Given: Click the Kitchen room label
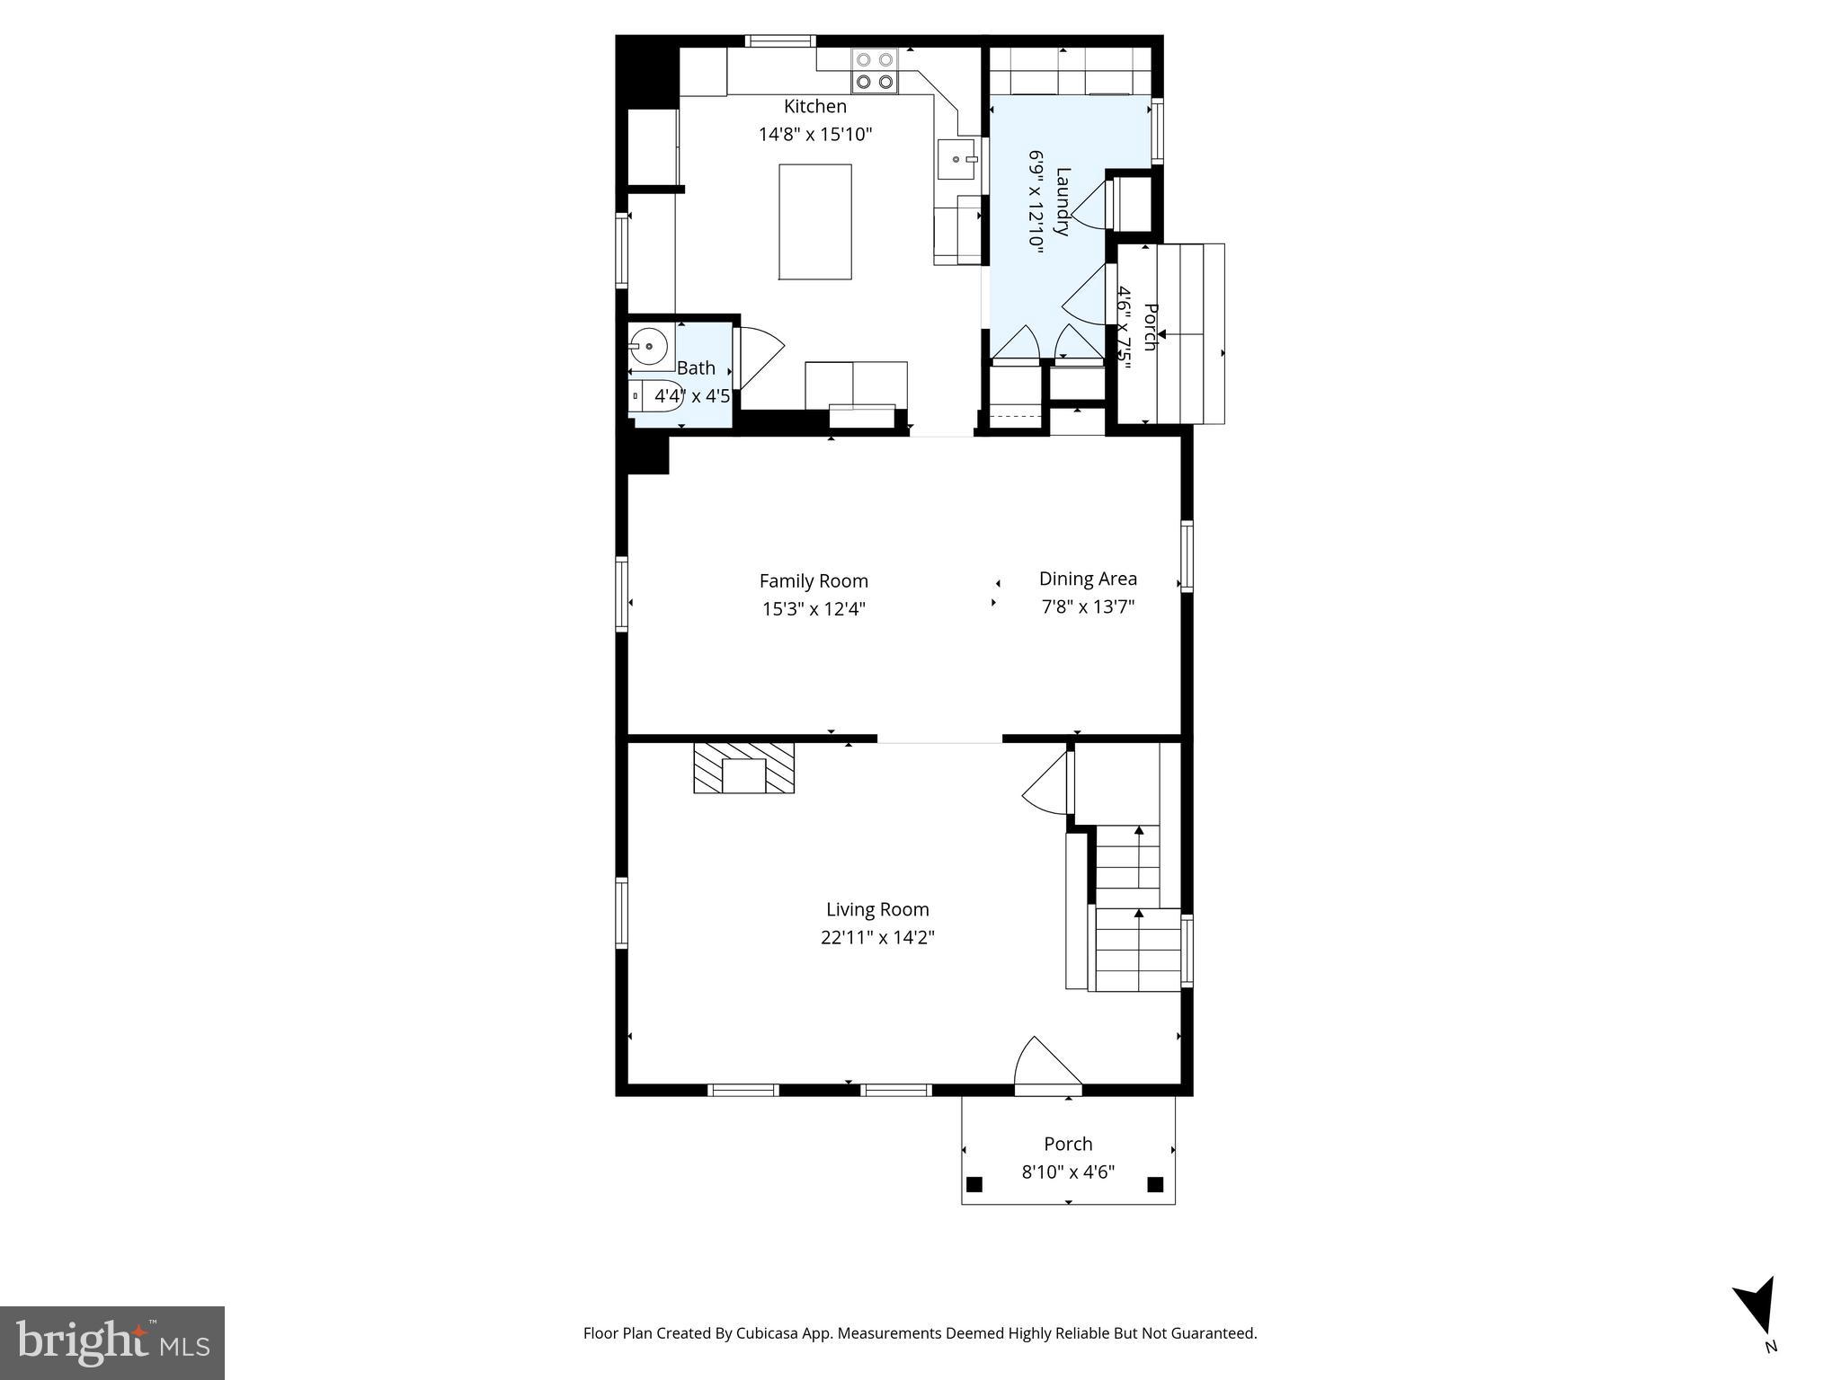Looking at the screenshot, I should tap(814, 106).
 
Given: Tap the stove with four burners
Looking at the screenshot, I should tap(875, 71).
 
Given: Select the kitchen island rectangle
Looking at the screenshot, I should tap(814, 222).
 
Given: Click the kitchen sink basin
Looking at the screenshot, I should tap(956, 160).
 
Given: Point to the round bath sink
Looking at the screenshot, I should tap(647, 345).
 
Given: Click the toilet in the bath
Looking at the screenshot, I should tap(654, 395).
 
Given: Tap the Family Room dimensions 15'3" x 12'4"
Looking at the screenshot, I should tap(814, 609).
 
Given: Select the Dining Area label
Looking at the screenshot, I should tap(1088, 579).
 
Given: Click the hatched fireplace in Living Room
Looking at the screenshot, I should tap(743, 767).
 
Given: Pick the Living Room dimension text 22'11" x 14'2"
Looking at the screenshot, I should tap(877, 938).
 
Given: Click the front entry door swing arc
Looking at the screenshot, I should tap(1045, 1065).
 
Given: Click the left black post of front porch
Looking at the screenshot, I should tap(974, 1183).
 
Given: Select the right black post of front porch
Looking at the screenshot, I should tap(1156, 1183).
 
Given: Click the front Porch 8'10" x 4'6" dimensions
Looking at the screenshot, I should tap(1068, 1172).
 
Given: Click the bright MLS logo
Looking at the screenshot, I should tap(112, 1342).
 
